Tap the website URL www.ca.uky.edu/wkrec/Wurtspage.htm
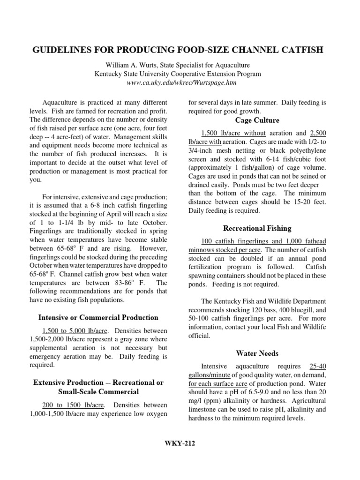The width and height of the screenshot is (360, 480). point(180,82)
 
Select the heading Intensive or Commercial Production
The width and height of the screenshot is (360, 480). point(98,317)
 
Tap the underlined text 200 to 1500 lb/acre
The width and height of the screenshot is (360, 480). point(71,405)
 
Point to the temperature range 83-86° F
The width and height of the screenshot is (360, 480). point(133,283)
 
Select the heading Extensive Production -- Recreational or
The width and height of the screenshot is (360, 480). point(98,382)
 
